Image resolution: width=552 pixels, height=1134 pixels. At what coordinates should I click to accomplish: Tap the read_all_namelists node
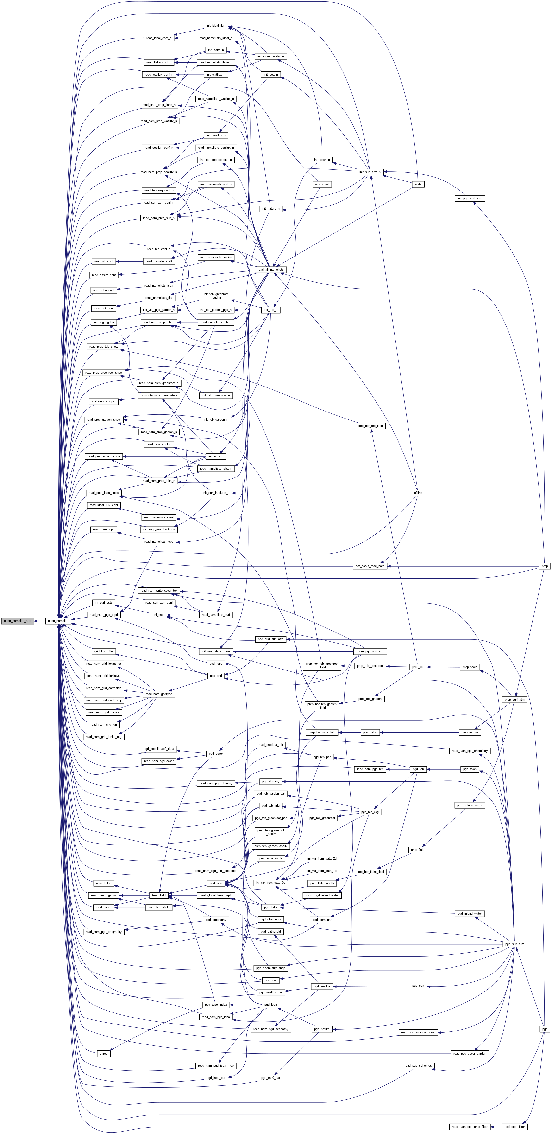270,269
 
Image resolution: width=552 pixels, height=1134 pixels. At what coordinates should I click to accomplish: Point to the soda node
418,184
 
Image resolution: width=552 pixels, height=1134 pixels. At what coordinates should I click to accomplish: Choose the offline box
418,493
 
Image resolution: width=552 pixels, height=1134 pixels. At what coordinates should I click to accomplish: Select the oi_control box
322,184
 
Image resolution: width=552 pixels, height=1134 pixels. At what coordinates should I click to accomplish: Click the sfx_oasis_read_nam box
370,566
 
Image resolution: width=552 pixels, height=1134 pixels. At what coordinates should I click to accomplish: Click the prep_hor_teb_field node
370,426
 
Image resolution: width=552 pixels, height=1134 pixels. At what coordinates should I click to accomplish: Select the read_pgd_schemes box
418,1066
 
